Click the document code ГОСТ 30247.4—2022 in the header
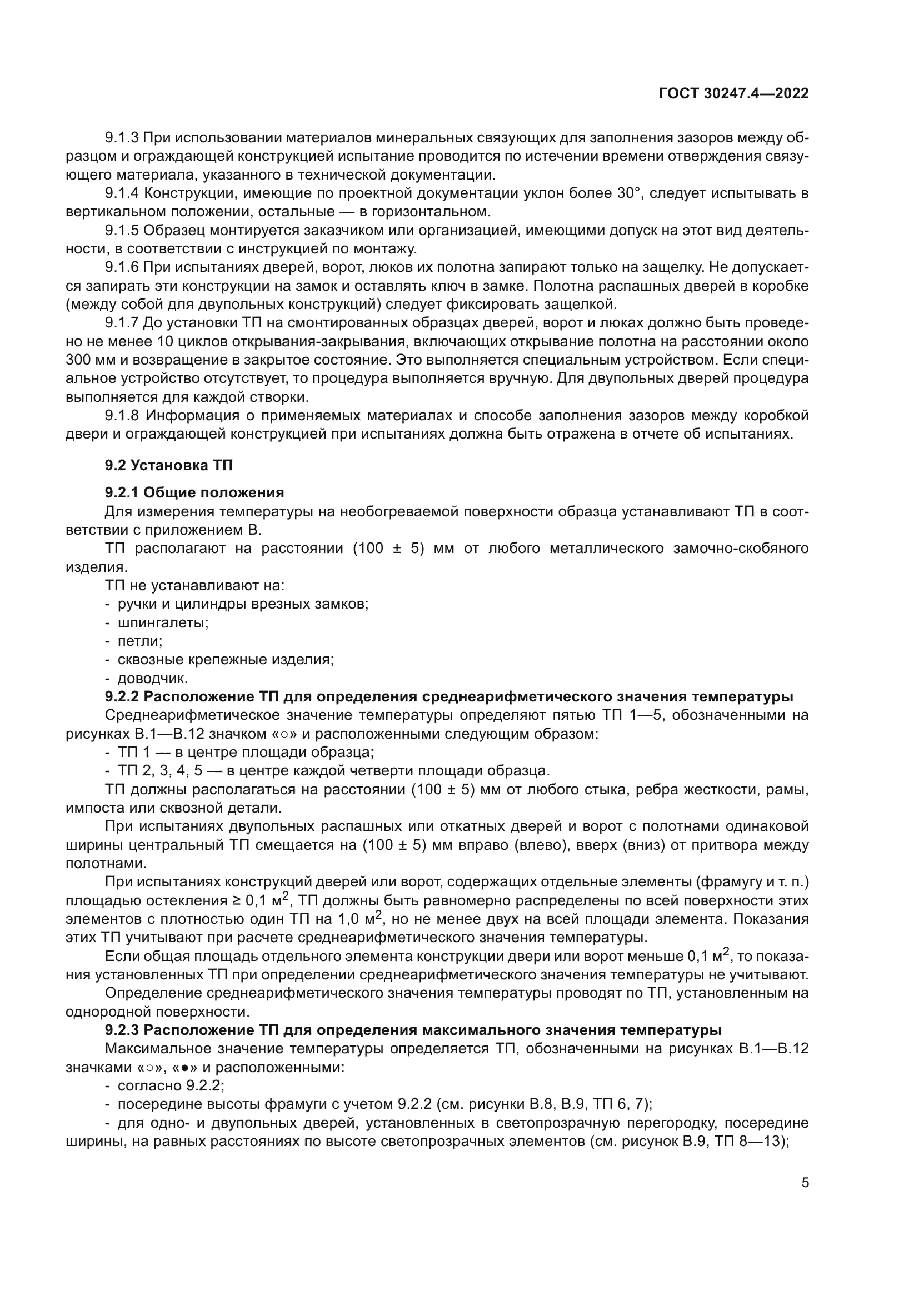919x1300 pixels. click(733, 94)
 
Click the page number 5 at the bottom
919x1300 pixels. click(805, 1183)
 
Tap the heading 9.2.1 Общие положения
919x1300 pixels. click(194, 492)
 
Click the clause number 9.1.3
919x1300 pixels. click(122, 138)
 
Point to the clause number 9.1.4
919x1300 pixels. click(122, 193)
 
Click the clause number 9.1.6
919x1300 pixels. click(122, 267)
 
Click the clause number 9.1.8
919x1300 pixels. click(122, 415)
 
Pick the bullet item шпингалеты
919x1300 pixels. click(162, 623)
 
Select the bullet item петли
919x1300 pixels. click(140, 641)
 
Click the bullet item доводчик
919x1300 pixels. click(152, 678)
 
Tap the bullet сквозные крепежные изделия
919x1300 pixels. click(225, 660)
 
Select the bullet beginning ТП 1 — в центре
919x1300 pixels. click(245, 752)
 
